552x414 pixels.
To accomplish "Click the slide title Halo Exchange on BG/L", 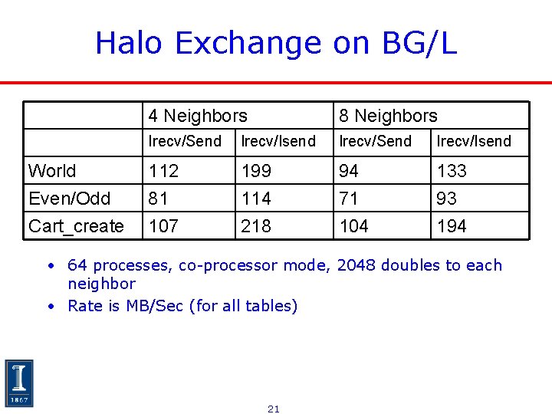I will click(x=276, y=43).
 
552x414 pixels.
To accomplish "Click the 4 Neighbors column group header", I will click(x=198, y=116).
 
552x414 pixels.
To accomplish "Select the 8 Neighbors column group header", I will click(x=388, y=116).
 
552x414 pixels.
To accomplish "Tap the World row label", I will click(x=52, y=171).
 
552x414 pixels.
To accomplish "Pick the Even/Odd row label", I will click(x=69, y=199).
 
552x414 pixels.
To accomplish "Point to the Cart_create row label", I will click(x=76, y=226).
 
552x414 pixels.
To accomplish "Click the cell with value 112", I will click(x=163, y=171).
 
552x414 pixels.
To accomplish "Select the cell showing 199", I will click(x=256, y=171).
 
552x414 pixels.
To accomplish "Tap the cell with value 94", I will click(x=350, y=171).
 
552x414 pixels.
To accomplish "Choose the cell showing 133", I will click(x=452, y=171).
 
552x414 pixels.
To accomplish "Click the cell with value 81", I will click(x=159, y=199).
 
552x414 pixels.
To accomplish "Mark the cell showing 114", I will click(x=256, y=199).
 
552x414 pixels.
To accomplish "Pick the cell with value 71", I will click(x=349, y=199).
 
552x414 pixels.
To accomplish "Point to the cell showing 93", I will click(x=446, y=199).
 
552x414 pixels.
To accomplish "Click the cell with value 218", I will click(x=256, y=226).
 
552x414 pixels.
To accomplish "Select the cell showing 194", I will click(x=452, y=226).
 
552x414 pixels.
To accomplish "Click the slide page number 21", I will click(x=274, y=409).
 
